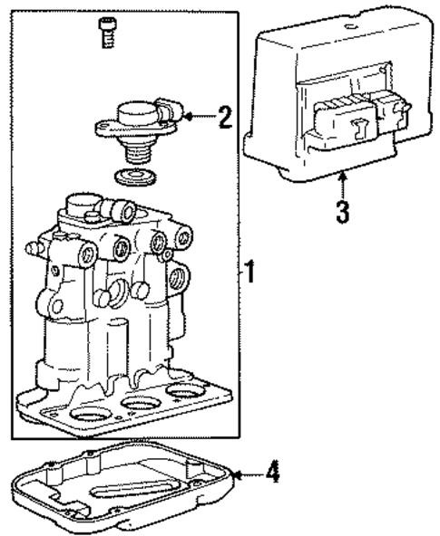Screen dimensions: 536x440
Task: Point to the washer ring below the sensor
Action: tap(137, 176)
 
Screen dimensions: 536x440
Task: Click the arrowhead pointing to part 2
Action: tap(186, 116)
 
